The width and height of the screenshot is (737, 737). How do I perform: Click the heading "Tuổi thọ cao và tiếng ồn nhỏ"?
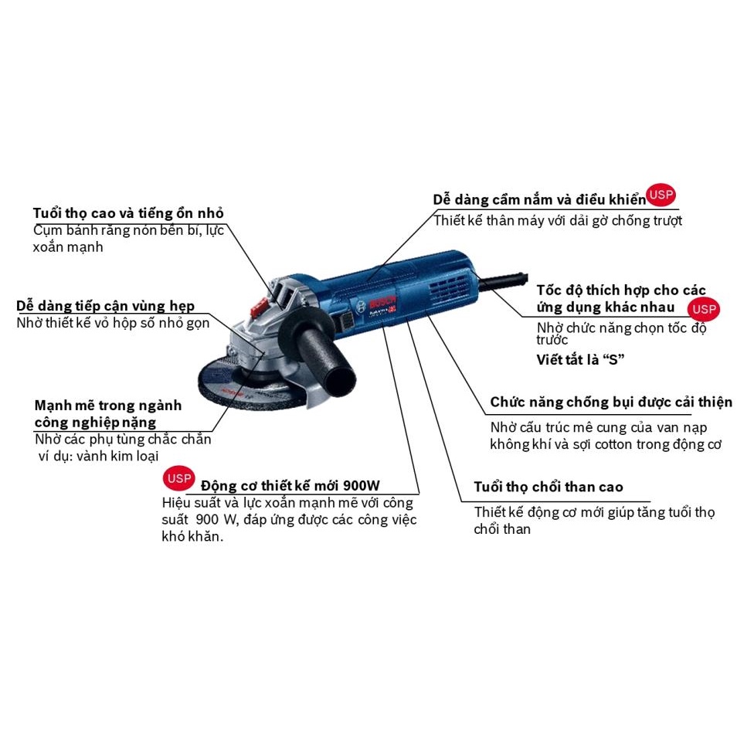(x=129, y=212)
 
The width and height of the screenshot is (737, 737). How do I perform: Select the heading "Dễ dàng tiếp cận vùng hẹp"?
(x=106, y=306)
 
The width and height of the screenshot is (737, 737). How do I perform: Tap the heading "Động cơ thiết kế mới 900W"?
(x=290, y=486)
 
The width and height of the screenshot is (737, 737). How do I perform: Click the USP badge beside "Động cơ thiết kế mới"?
(x=179, y=479)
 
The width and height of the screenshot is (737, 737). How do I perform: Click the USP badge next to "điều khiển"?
(x=661, y=195)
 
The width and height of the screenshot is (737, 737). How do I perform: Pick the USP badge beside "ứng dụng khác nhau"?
(x=704, y=310)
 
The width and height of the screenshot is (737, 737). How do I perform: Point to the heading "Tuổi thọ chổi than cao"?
(x=549, y=487)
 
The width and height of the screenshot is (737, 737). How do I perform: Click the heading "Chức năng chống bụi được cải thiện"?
(x=611, y=402)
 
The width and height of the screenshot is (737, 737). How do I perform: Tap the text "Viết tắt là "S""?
(x=580, y=359)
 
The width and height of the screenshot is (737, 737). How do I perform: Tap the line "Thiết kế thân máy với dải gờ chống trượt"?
(x=558, y=221)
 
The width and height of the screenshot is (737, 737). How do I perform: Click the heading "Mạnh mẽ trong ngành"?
(x=108, y=406)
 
